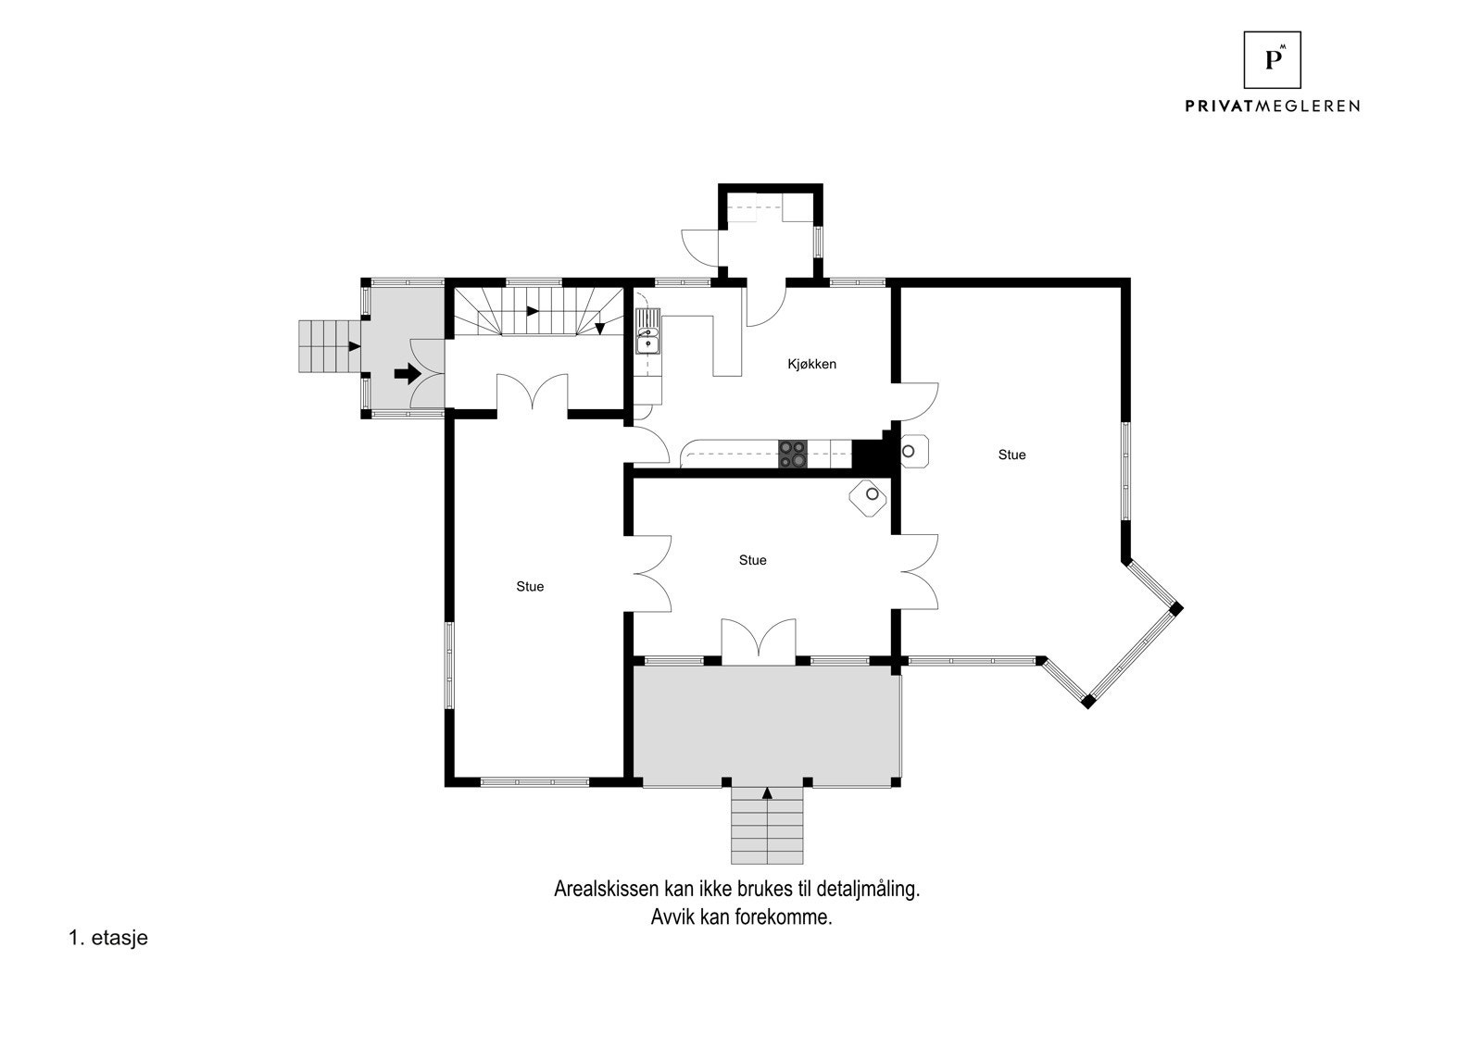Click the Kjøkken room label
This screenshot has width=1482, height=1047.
811,364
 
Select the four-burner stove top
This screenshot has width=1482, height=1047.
793,454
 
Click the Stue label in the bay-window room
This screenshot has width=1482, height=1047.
1011,455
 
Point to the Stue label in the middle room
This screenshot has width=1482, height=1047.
752,560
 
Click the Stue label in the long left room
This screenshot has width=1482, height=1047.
530,586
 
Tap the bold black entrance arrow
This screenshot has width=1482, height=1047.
407,374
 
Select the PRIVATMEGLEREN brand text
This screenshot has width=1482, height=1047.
1272,106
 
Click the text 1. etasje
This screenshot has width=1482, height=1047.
108,938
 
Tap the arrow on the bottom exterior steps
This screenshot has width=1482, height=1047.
767,792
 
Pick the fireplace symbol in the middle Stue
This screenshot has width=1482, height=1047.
870,496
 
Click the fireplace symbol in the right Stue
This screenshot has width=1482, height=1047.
911,451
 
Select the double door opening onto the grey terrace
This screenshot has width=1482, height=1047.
759,641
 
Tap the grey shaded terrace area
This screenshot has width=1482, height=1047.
767,722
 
